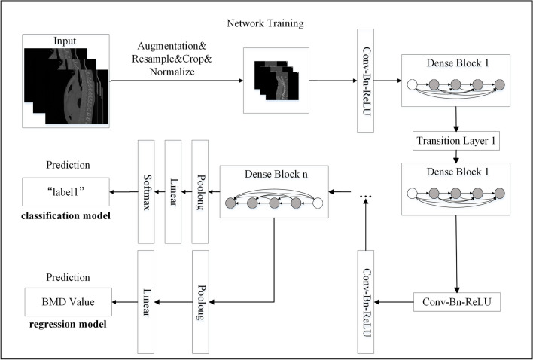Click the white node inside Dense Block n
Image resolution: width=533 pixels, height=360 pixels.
coord(318,203)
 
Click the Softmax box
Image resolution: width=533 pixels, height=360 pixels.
coord(146,191)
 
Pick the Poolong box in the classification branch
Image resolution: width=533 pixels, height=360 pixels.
coord(199,191)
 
